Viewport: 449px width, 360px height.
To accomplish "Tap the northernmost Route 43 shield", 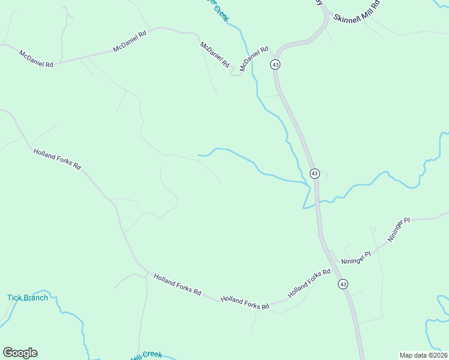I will click(276, 64).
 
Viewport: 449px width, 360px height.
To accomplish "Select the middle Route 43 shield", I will click(315, 173).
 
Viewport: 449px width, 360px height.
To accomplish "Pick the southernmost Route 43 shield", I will click(342, 284).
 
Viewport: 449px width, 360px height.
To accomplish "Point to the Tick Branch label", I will click(28, 298).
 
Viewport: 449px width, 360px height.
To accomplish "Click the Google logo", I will click(20, 353).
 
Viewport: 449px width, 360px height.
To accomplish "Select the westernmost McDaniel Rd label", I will click(36, 59).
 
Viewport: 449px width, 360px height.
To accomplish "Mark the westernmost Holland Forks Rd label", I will click(57, 160).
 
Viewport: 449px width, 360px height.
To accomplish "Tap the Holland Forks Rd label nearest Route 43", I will click(309, 284).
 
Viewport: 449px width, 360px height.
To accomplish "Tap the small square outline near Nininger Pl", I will click(373, 230).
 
